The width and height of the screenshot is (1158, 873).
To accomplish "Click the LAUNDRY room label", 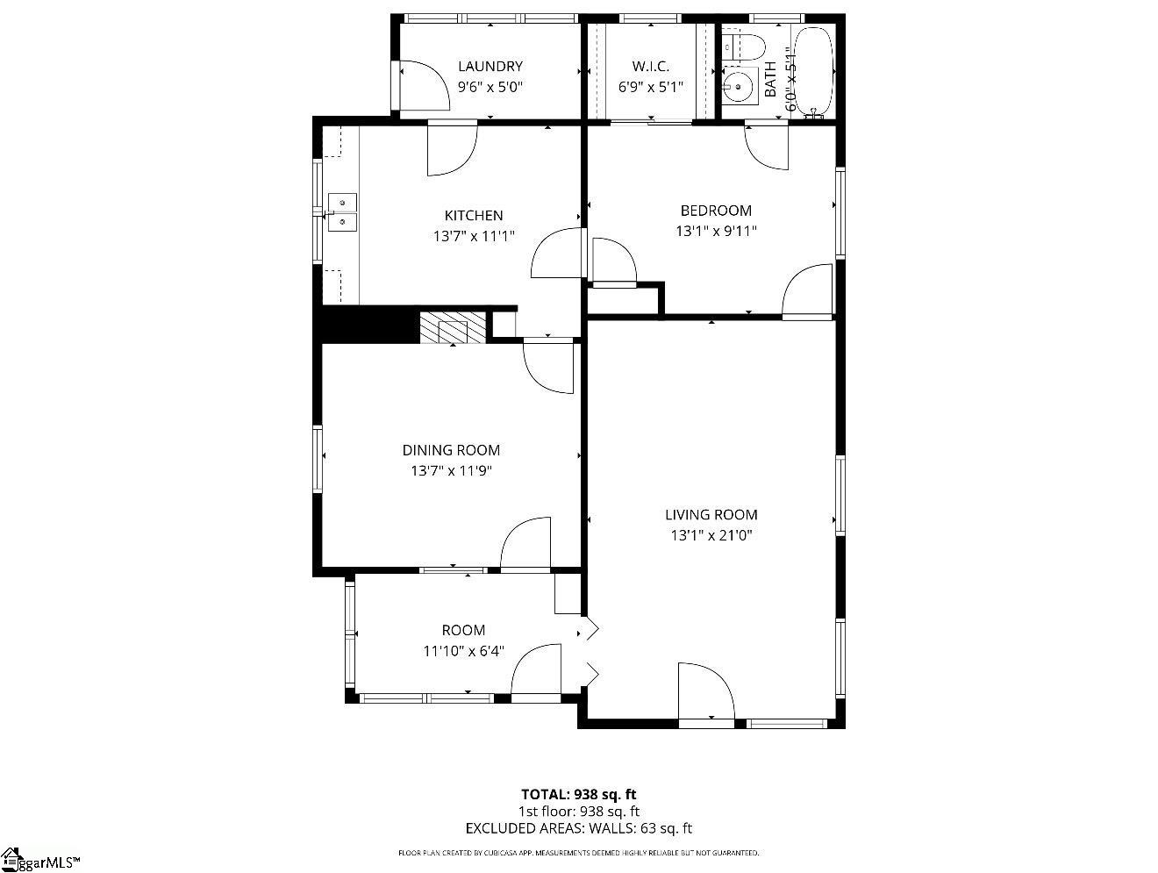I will [x=490, y=66].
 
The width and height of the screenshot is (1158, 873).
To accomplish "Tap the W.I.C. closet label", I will [x=650, y=66].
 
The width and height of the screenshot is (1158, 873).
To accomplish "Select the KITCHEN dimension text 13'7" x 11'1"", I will [x=473, y=236].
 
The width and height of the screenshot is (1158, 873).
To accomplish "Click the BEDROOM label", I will [x=716, y=211].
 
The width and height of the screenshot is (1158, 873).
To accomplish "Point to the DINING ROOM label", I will [x=451, y=450].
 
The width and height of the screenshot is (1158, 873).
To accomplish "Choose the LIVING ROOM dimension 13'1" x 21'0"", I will [x=711, y=535].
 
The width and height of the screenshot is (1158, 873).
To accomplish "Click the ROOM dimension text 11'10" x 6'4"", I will [x=463, y=651].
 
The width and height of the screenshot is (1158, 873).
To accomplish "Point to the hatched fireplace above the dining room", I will [x=452, y=329].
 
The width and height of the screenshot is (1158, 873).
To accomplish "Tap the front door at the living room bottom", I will [x=706, y=693].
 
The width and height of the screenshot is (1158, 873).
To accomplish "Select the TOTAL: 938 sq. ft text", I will [x=578, y=795].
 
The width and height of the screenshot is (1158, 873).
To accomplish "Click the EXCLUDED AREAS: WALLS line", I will [x=578, y=827].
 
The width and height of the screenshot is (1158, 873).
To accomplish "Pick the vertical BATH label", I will [x=770, y=79].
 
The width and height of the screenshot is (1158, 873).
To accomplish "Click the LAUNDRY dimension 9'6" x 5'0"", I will [x=490, y=87].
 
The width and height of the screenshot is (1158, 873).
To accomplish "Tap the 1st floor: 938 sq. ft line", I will [x=578, y=812].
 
